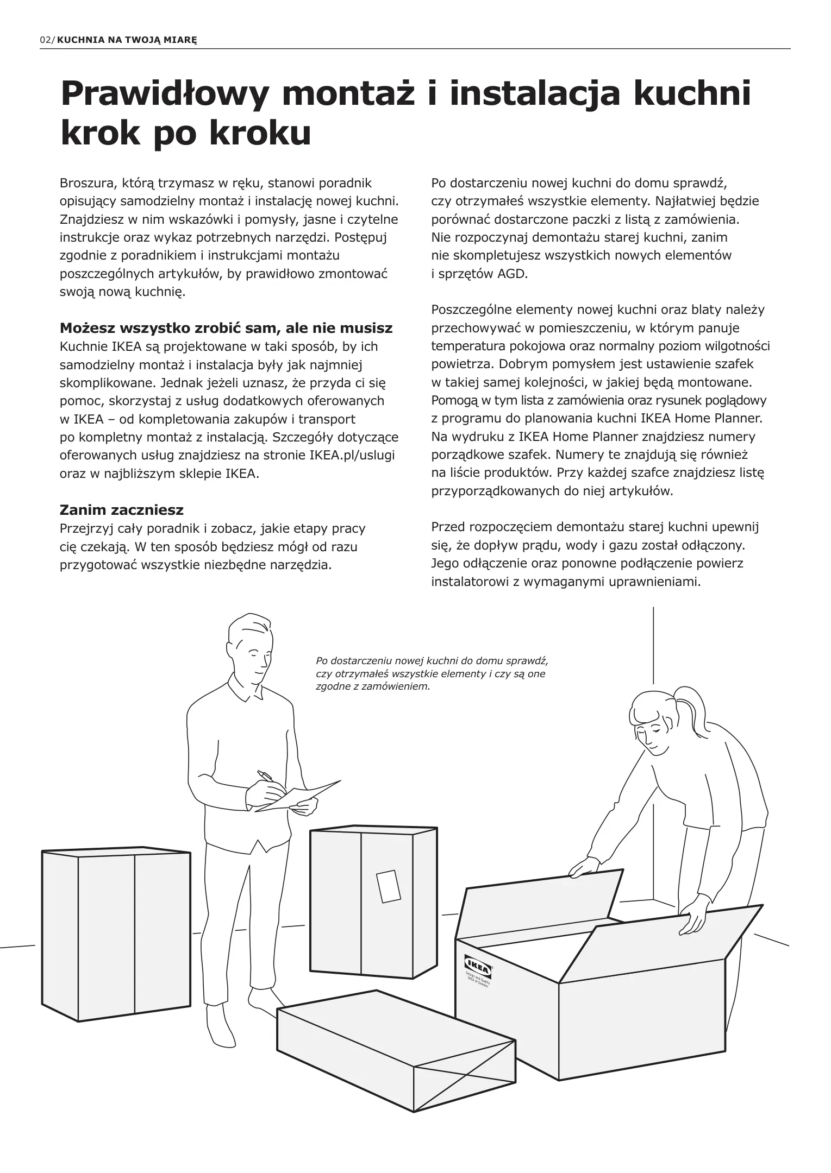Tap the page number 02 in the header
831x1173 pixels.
click(x=45, y=40)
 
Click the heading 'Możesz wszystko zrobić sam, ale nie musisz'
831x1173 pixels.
click(x=226, y=329)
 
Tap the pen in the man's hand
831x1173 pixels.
click(x=266, y=777)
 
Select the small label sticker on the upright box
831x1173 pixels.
click(x=388, y=886)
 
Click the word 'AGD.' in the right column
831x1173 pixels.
click(x=513, y=274)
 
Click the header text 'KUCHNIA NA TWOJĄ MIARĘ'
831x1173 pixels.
click(x=127, y=40)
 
